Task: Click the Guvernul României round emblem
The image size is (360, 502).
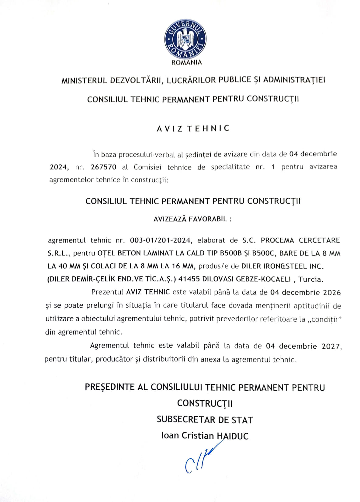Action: [x=185, y=39]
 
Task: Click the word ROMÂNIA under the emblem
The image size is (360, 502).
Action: [x=186, y=62]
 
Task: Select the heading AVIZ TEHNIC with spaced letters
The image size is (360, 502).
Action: [x=193, y=128]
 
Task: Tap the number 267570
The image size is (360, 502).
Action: [x=103, y=167]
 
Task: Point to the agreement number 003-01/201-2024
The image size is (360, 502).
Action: [x=161, y=240]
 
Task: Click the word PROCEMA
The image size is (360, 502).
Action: [x=277, y=240]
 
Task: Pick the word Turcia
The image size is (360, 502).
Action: [x=311, y=279]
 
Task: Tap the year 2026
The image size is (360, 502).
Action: [x=332, y=292]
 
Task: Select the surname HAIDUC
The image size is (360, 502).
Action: [x=233, y=436]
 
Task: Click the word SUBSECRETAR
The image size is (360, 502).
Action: [x=186, y=420]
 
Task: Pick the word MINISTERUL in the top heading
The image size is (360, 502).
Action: [x=84, y=81]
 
